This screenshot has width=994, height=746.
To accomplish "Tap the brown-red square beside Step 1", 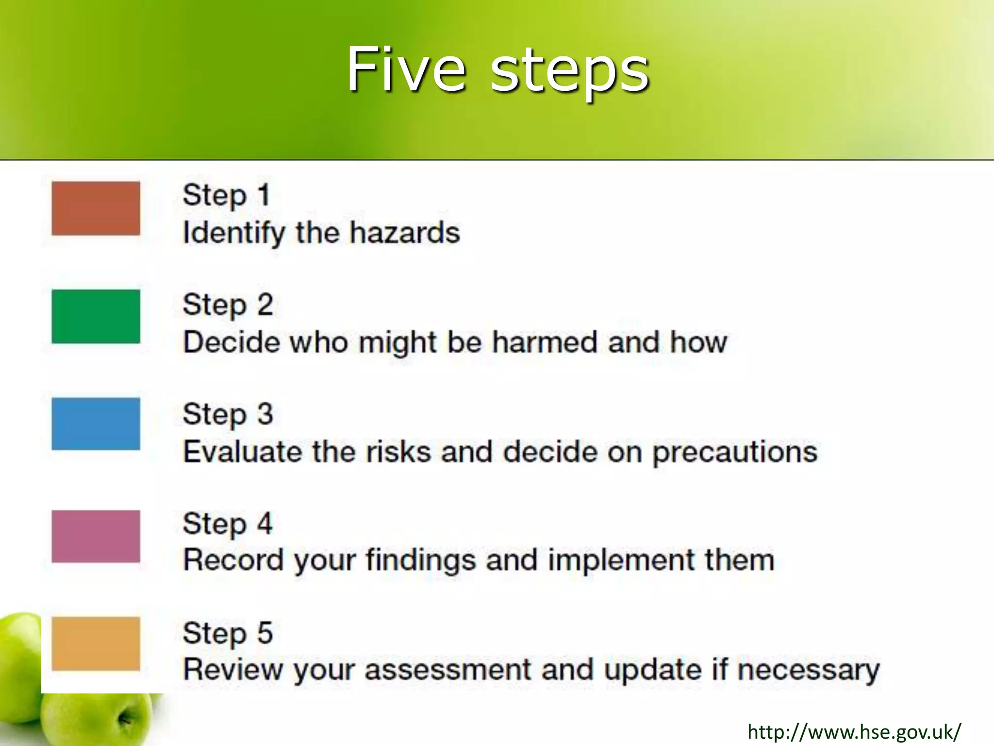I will tap(96, 208).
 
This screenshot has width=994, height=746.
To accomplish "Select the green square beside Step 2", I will tap(96, 316).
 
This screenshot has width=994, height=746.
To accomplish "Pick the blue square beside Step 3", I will tap(96, 424).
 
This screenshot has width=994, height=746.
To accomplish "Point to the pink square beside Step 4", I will tap(96, 536).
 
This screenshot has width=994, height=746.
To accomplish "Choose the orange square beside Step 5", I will tap(96, 644).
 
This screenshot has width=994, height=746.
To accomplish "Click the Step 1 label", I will tap(226, 196).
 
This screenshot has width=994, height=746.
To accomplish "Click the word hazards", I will tap(405, 233).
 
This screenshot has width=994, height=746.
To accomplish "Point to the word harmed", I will tap(545, 342).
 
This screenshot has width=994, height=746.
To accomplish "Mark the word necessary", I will tap(808, 671).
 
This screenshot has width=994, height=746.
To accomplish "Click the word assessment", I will tap(448, 670).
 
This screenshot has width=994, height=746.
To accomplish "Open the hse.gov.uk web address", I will tap(854, 731).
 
